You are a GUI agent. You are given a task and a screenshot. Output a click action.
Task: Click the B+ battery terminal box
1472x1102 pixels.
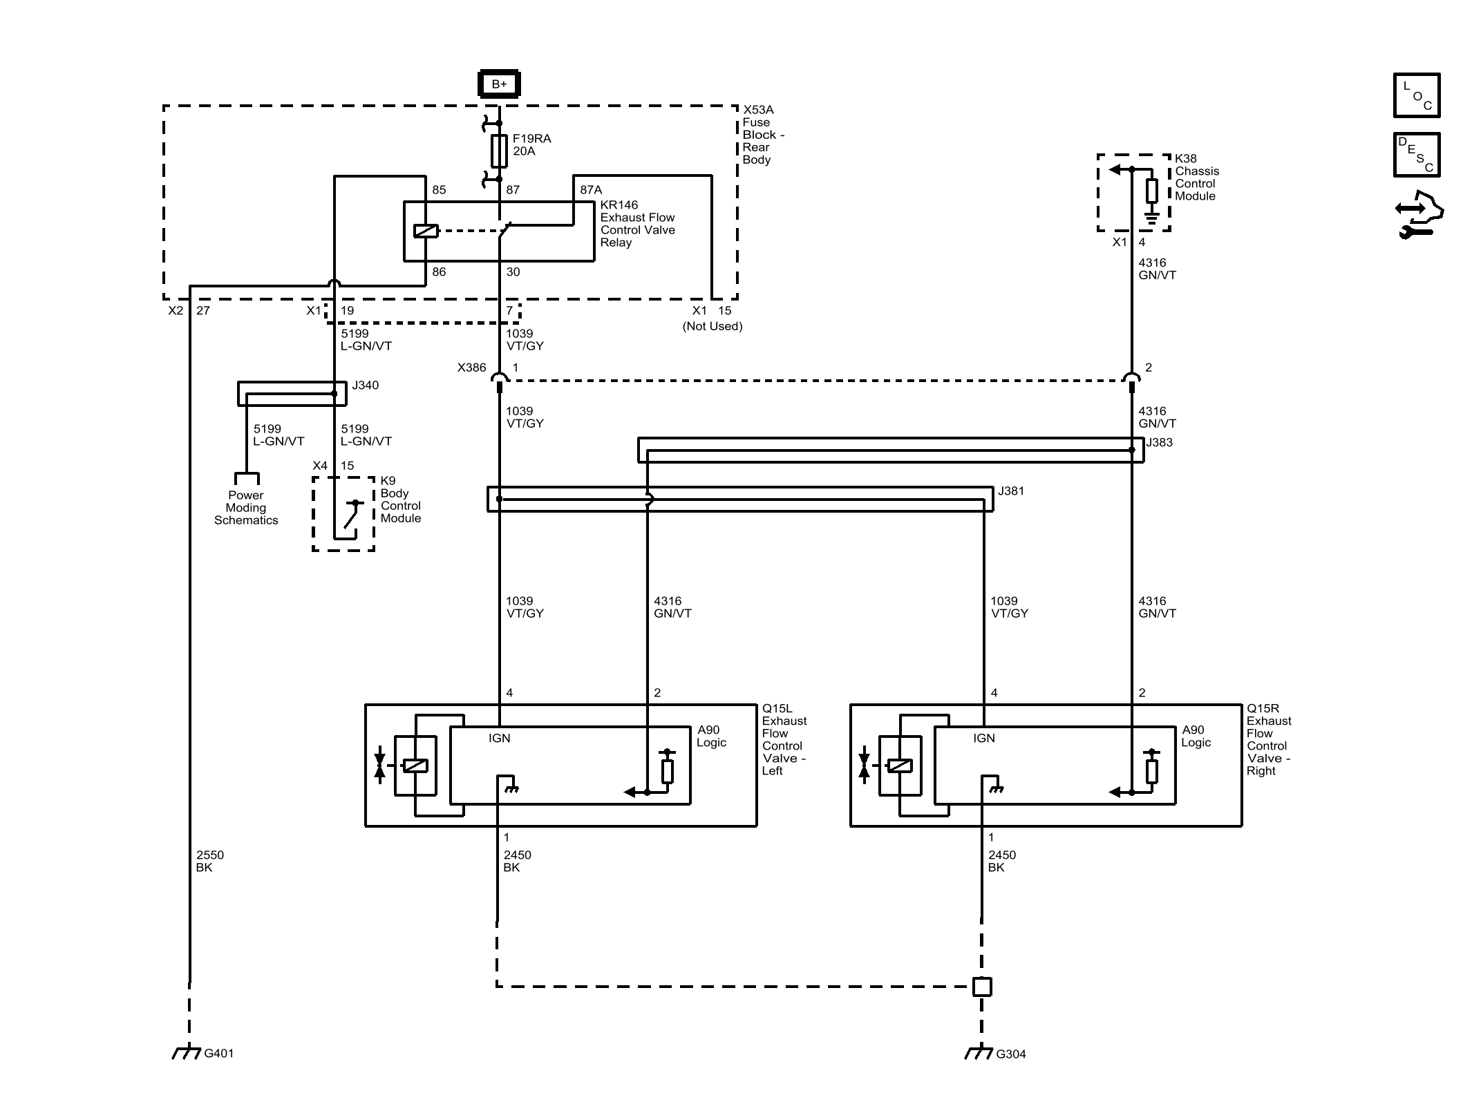click(499, 84)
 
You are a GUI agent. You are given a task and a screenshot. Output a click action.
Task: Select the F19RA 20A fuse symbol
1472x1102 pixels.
click(499, 151)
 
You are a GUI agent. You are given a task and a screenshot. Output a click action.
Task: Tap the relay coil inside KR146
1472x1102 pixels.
click(426, 231)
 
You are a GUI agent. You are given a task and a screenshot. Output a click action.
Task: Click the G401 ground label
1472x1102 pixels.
click(219, 1054)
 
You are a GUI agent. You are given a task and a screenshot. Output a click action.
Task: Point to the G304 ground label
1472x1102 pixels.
click(1011, 1054)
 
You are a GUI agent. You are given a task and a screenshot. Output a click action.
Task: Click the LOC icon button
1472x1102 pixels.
click(1417, 95)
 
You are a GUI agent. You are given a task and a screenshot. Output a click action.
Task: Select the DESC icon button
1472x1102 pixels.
click(1417, 155)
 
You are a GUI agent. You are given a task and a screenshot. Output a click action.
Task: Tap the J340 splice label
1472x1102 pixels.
click(366, 386)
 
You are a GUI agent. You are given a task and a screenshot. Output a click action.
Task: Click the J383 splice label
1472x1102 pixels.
click(1160, 443)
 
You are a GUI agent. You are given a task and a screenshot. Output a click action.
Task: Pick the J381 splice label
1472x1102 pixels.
click(1011, 491)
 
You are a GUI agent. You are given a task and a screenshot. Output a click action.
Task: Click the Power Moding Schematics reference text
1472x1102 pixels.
click(246, 508)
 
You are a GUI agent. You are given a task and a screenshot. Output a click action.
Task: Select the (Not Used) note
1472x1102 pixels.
click(713, 326)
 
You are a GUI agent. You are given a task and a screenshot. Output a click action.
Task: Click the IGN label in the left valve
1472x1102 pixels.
click(500, 739)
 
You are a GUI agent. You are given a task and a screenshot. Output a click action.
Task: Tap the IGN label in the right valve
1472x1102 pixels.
click(984, 739)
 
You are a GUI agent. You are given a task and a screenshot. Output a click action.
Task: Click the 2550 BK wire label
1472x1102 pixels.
click(210, 861)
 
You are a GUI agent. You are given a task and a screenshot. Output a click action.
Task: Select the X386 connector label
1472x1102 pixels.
click(472, 368)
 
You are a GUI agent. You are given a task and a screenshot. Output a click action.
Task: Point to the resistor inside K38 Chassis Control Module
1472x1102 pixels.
click(1152, 191)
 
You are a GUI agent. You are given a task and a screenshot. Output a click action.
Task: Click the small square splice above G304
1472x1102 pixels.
click(982, 987)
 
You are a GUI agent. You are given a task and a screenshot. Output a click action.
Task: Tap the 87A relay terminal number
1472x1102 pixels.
click(591, 190)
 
